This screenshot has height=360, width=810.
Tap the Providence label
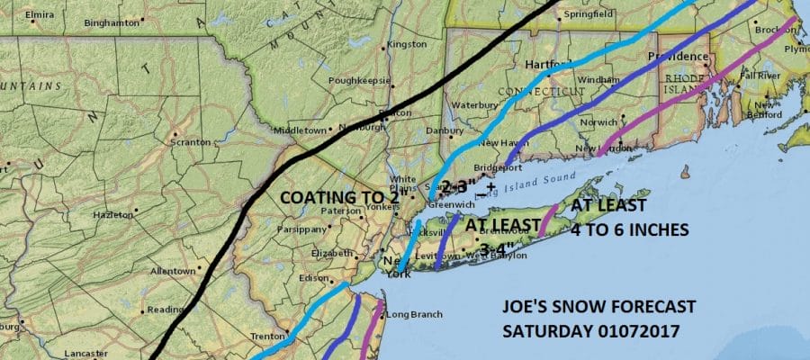tap(677, 58)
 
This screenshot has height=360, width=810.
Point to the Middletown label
tap(298, 130)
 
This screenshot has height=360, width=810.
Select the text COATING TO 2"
tap(338, 198)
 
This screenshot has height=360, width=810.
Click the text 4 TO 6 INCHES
tap(629, 229)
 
